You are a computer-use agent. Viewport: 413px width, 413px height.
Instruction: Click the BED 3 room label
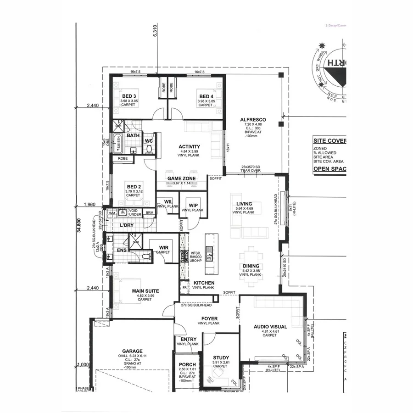point(128,96)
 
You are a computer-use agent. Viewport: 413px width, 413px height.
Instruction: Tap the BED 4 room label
point(205,96)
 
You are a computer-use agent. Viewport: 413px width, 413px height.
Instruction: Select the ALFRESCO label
point(253,120)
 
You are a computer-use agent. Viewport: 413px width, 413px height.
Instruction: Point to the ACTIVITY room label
point(190,147)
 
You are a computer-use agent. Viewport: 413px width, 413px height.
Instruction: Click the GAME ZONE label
point(182,179)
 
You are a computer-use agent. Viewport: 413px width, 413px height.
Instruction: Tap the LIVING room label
point(245,204)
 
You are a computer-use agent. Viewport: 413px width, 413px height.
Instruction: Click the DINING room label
point(251,266)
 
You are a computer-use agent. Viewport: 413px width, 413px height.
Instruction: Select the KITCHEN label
point(204,283)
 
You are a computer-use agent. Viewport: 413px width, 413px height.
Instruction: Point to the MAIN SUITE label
point(145,290)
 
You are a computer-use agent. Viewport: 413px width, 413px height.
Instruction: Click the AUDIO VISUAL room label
point(270,327)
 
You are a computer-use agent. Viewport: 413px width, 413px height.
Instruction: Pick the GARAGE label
point(132,351)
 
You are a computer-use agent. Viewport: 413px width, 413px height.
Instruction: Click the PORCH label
point(187,365)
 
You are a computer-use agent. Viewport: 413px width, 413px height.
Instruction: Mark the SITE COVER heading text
point(329,141)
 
